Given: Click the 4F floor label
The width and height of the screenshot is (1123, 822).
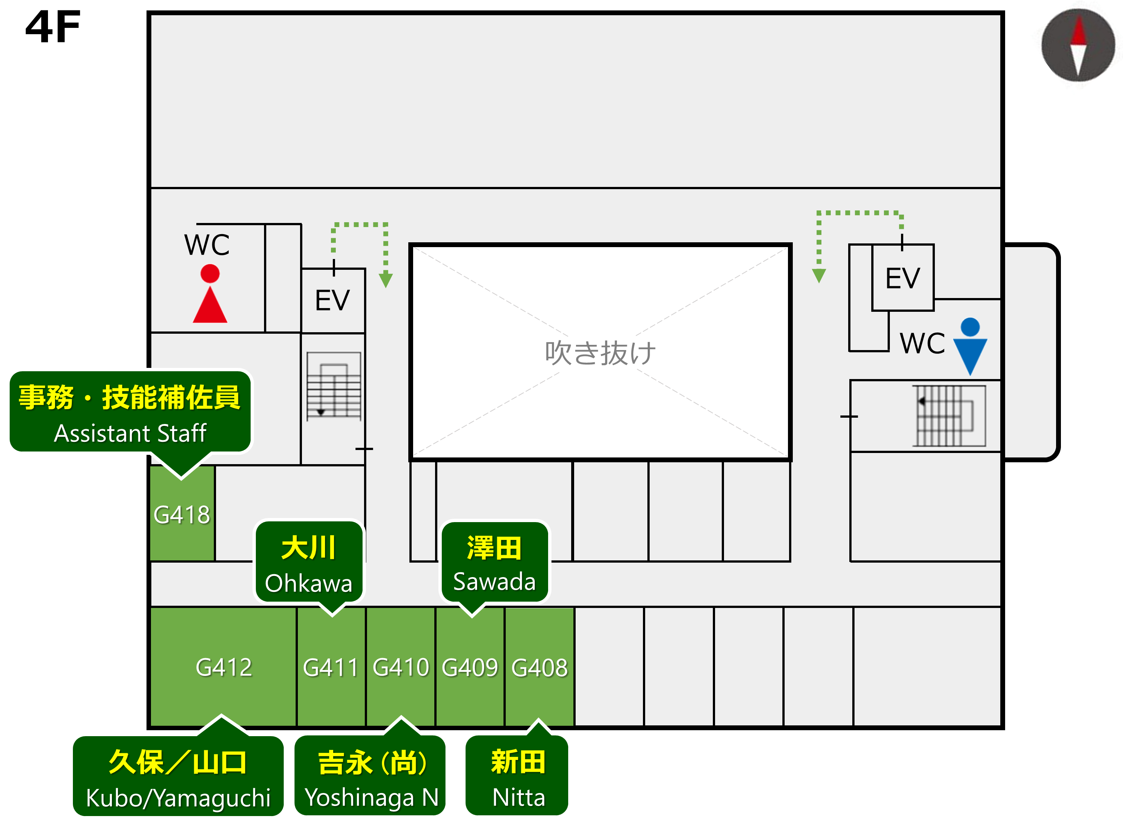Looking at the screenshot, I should pyautogui.click(x=53, y=27).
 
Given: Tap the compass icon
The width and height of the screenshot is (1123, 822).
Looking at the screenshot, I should pyautogui.click(x=1078, y=45).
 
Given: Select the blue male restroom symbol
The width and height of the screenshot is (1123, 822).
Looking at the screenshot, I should pyautogui.click(x=970, y=346).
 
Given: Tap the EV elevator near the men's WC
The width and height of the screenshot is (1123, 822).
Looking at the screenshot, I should pyautogui.click(x=902, y=278).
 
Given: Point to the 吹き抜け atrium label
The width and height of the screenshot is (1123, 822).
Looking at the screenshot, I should pyautogui.click(x=600, y=353).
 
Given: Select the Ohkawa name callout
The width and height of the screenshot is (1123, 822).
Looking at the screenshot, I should pyautogui.click(x=309, y=562).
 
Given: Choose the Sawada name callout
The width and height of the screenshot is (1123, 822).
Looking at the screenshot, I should pyautogui.click(x=494, y=562).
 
